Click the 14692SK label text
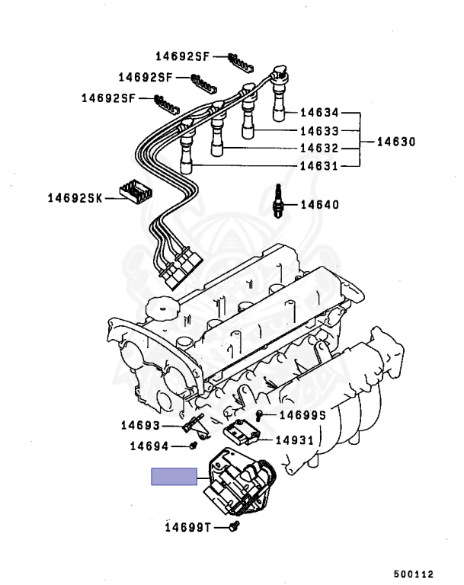pyautogui.click(x=73, y=197)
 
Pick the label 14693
pyautogui.click(x=139, y=425)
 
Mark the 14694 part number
pyautogui.click(x=149, y=446)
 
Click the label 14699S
pyautogui.click(x=302, y=414)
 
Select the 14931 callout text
pyautogui.click(x=294, y=440)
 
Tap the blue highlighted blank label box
pyautogui.click(x=174, y=477)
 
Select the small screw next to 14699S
pyautogui.click(x=261, y=414)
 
